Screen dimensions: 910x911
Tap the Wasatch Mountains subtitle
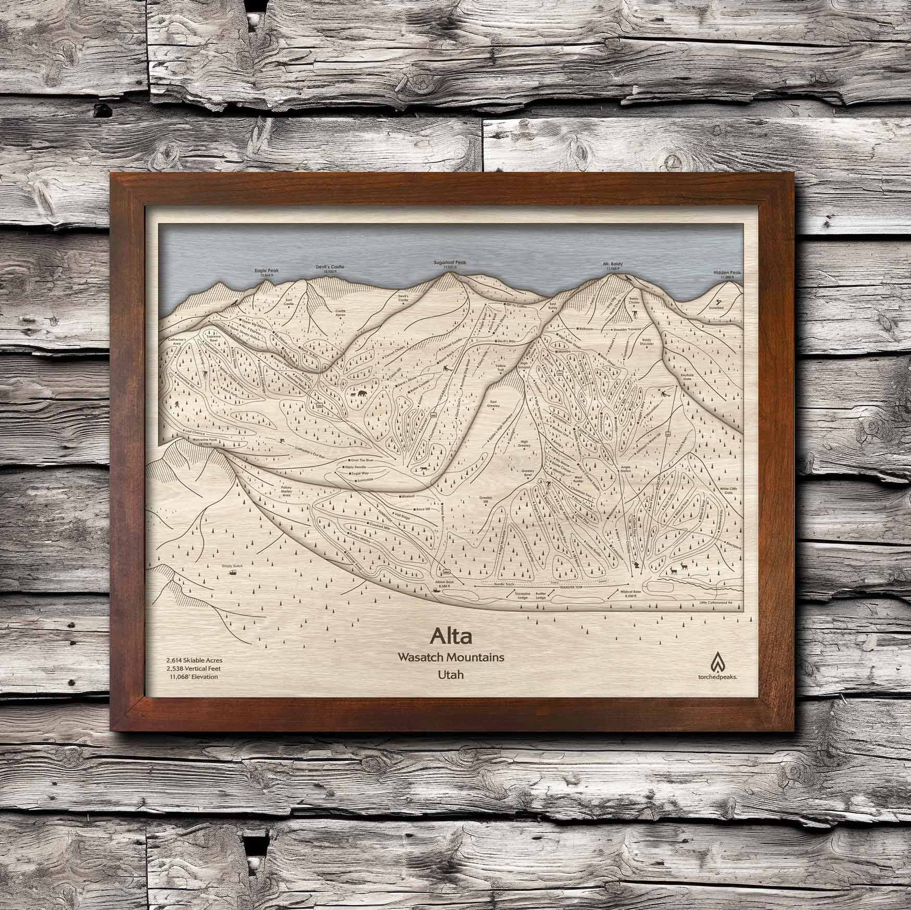(450, 657)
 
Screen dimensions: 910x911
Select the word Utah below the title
(450, 674)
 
